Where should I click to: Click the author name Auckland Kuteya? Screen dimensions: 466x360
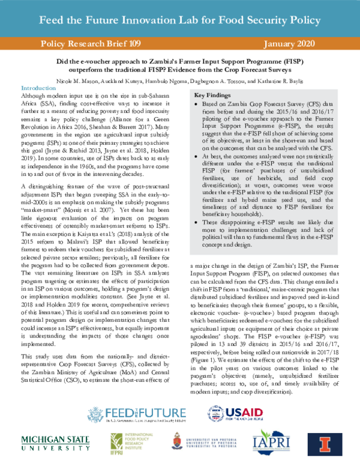115,78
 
